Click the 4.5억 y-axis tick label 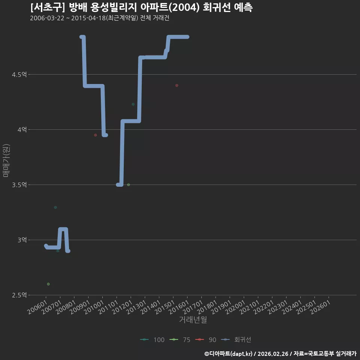[x=19, y=75]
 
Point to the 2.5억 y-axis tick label [x=19, y=295]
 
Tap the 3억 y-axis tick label [x=22, y=240]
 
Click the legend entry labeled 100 [x=152, y=340]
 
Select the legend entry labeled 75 [x=180, y=340]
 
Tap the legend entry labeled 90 [x=206, y=340]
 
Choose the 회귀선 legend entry [x=236, y=340]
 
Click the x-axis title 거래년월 [x=193, y=319]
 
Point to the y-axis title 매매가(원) [x=6, y=161]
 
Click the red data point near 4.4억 [x=177, y=85]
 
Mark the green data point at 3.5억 [x=128, y=185]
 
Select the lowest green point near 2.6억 [x=48, y=284]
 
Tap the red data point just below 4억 [x=96, y=135]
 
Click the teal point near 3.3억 [x=55, y=207]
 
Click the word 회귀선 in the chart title [x=217, y=7]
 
